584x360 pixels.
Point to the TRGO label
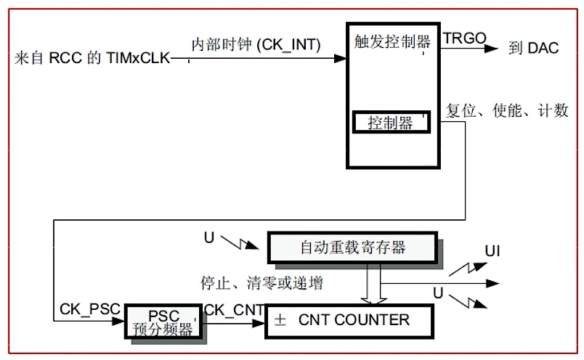(460, 38)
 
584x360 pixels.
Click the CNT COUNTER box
(348, 320)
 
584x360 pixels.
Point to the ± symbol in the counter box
(281, 320)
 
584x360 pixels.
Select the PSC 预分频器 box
(162, 324)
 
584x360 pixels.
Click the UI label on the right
(492, 251)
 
